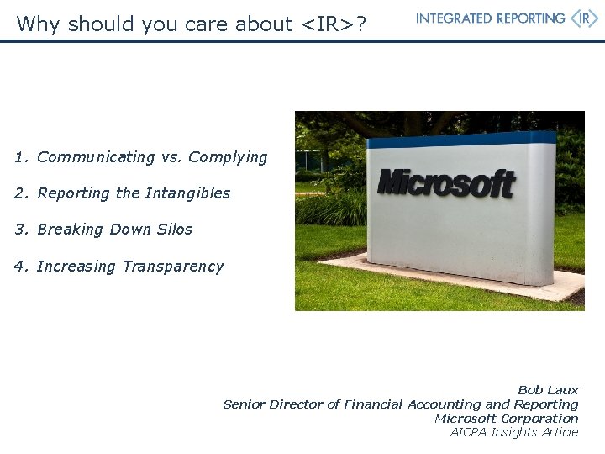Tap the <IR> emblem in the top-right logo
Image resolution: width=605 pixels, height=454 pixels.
tap(584, 18)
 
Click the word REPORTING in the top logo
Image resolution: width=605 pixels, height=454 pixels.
tap(527, 18)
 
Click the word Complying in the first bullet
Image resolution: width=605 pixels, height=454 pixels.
tap(228, 157)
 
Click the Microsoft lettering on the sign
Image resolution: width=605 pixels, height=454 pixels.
tap(445, 182)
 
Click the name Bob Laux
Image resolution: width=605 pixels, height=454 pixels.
tap(548, 390)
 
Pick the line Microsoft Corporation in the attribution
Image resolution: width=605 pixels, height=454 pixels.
tap(506, 419)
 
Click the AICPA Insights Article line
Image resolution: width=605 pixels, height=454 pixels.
tap(514, 432)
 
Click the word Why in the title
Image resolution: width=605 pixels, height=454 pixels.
tap(34, 24)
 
